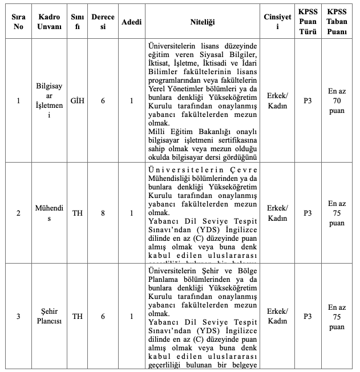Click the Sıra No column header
click(18, 22)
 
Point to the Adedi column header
click(131, 22)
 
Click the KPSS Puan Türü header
click(308, 22)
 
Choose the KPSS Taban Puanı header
click(337, 22)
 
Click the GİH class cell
click(78, 101)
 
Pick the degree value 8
click(103, 213)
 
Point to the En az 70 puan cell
click(337, 101)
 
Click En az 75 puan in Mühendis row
click(337, 213)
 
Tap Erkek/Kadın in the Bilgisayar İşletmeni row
click(278, 101)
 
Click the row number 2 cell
click(18, 213)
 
